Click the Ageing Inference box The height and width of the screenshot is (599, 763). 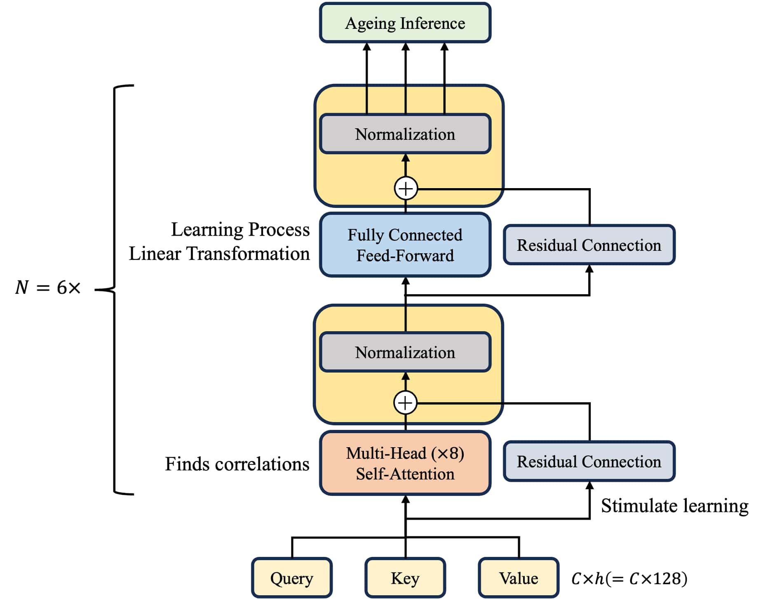tap(405, 23)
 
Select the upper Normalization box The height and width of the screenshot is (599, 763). tap(405, 134)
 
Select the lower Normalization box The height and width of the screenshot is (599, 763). tap(405, 352)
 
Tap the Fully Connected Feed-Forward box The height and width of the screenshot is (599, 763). tap(405, 245)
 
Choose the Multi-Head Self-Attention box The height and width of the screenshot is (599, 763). tap(405, 463)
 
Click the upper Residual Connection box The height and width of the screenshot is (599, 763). tap(589, 245)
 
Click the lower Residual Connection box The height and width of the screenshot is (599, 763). tap(589, 462)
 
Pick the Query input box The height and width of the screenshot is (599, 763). tap(292, 578)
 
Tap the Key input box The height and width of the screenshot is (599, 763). tap(405, 578)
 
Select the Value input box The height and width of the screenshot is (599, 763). tap(519, 578)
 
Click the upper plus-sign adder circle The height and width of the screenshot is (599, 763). tap(406, 189)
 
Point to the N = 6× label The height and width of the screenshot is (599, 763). tap(48, 288)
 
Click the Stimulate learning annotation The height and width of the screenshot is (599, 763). tap(674, 506)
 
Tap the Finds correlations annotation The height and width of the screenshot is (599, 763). tap(237, 464)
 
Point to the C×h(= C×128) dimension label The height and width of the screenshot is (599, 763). tap(629, 578)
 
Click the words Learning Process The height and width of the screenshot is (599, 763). tap(240, 229)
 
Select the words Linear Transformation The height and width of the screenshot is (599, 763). tap(219, 253)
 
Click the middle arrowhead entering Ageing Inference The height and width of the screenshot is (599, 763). tap(406, 47)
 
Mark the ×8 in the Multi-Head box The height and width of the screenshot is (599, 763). tap(448, 453)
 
